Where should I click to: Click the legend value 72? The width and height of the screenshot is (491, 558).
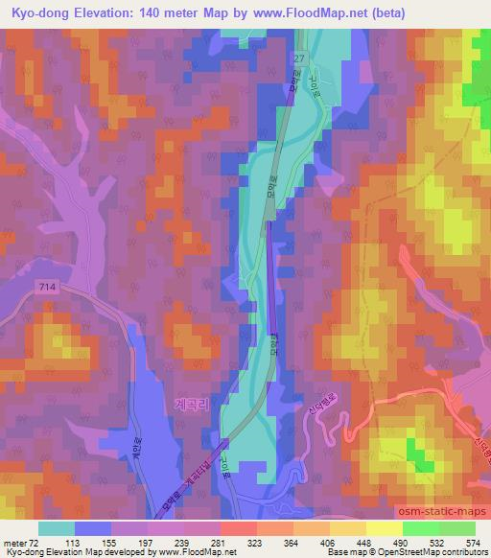tap(36, 543)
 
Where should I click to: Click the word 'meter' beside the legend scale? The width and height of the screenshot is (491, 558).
tap(15, 543)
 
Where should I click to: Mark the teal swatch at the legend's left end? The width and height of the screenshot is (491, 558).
tap(57, 528)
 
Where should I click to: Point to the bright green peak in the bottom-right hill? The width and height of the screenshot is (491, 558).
tap(418, 452)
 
